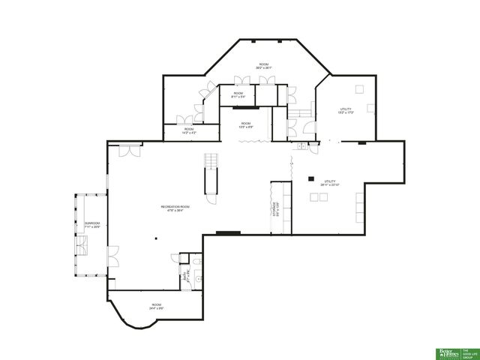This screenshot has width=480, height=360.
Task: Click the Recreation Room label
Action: pyautogui.click(x=175, y=206)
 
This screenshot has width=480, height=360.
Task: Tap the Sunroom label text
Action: pyautogui.click(x=91, y=223)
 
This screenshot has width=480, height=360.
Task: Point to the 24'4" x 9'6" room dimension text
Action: pyautogui.click(x=156, y=307)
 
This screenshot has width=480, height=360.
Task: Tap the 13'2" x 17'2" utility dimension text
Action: pyautogui.click(x=345, y=112)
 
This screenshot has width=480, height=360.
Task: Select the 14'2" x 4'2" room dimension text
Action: pyautogui.click(x=189, y=133)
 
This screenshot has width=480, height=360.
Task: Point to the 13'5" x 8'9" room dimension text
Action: pyautogui.click(x=245, y=126)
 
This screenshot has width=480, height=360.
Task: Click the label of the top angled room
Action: pyautogui.click(x=264, y=64)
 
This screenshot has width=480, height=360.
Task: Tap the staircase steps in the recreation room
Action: pyautogui.click(x=211, y=160)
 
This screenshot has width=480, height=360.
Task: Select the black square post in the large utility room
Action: pyautogui.click(x=310, y=178)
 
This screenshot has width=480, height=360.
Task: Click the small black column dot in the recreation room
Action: pyautogui.click(x=157, y=238)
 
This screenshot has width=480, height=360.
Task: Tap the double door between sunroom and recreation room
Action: pyautogui.click(x=112, y=255)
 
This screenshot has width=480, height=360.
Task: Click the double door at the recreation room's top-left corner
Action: pyautogui.click(x=130, y=150)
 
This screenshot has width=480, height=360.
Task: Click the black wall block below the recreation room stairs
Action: pyautogui.click(x=228, y=232)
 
